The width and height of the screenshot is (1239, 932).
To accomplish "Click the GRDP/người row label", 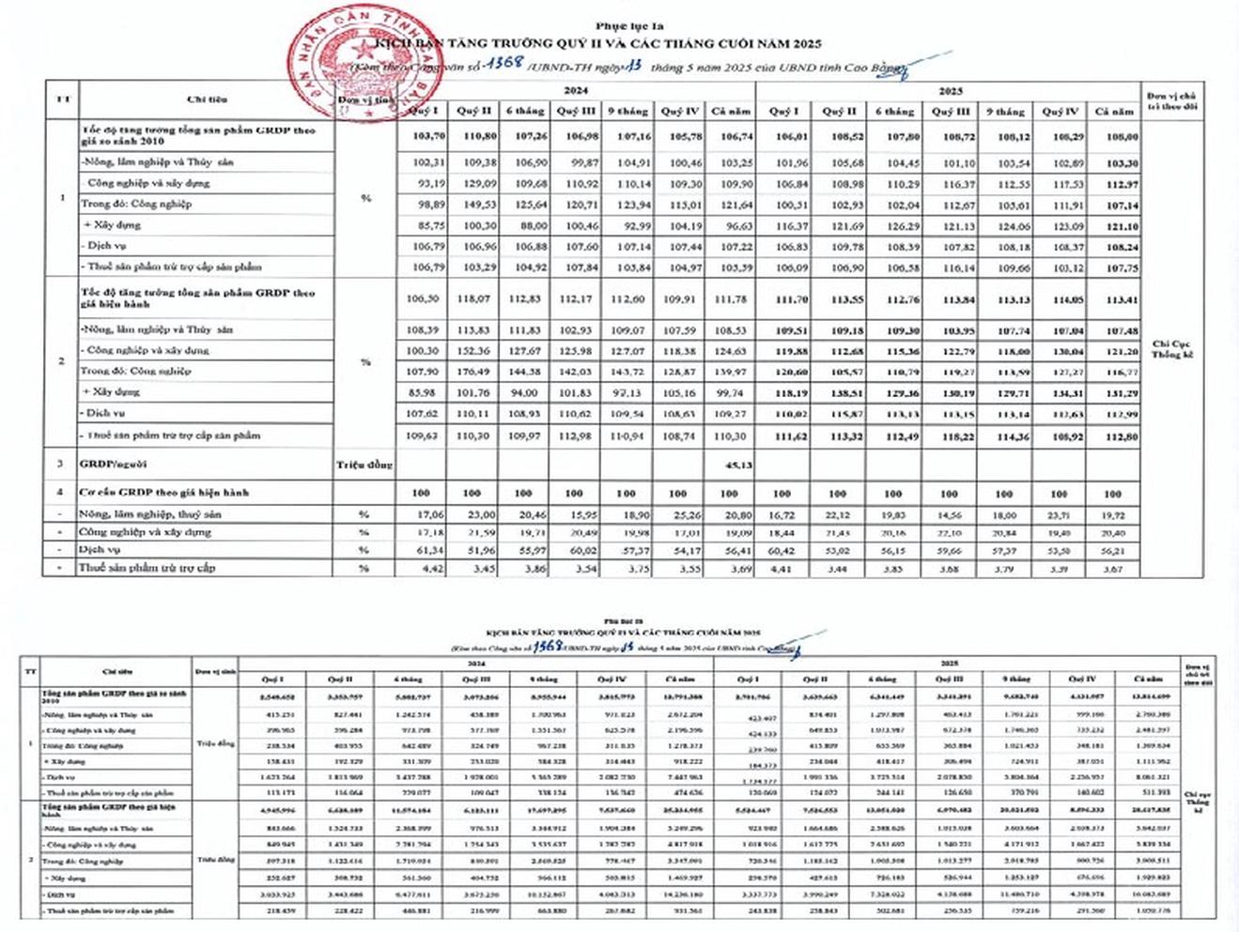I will point(114,464).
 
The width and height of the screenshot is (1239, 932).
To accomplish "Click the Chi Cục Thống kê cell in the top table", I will point(1171,349).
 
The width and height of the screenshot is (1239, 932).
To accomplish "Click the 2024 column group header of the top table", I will point(575,91).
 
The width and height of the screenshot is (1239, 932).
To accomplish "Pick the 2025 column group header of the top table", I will point(951,91).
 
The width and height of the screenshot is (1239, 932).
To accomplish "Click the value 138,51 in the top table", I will point(839,391).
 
